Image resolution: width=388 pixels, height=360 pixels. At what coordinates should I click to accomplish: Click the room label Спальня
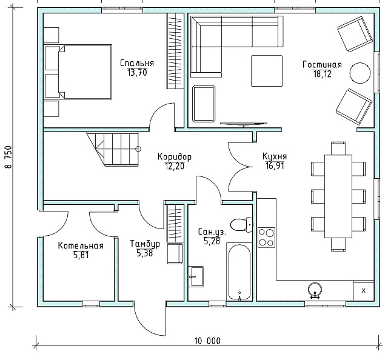[x=137, y=63]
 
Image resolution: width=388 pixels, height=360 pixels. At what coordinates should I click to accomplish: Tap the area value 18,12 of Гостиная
[x=322, y=74]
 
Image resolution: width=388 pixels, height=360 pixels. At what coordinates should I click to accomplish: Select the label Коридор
[x=175, y=157]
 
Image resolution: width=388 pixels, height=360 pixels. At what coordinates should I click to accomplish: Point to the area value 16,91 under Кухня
[x=275, y=166]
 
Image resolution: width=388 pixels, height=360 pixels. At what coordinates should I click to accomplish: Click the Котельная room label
[x=81, y=245]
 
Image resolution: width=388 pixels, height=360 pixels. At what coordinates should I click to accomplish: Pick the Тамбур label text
[x=145, y=244]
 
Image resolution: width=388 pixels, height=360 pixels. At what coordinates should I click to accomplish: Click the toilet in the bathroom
[x=241, y=224]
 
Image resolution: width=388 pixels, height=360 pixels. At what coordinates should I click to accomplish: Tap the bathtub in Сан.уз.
[x=239, y=272]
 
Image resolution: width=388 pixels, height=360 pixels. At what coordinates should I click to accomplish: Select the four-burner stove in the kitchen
[x=266, y=238]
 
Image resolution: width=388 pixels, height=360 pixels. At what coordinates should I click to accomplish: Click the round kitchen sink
[x=315, y=290]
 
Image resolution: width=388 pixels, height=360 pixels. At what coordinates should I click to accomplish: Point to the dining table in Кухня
[x=338, y=196]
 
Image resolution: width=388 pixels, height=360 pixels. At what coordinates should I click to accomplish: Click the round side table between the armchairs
[x=360, y=73]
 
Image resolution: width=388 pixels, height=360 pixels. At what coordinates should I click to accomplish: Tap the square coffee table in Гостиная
[x=267, y=71]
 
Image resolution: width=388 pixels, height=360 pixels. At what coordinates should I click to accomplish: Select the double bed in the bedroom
[x=78, y=72]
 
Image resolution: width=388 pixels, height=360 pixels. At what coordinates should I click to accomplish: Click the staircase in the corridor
[x=113, y=149]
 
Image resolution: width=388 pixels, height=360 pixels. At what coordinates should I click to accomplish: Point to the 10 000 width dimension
[x=207, y=341]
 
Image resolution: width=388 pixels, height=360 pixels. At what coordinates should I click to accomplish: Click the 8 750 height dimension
[x=8, y=157]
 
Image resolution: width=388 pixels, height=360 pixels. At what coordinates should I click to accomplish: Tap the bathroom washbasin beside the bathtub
[x=196, y=276]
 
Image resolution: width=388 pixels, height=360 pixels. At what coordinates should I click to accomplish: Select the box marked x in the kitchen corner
[x=363, y=291]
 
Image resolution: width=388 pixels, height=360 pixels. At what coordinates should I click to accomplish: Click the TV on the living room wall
[x=244, y=124]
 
